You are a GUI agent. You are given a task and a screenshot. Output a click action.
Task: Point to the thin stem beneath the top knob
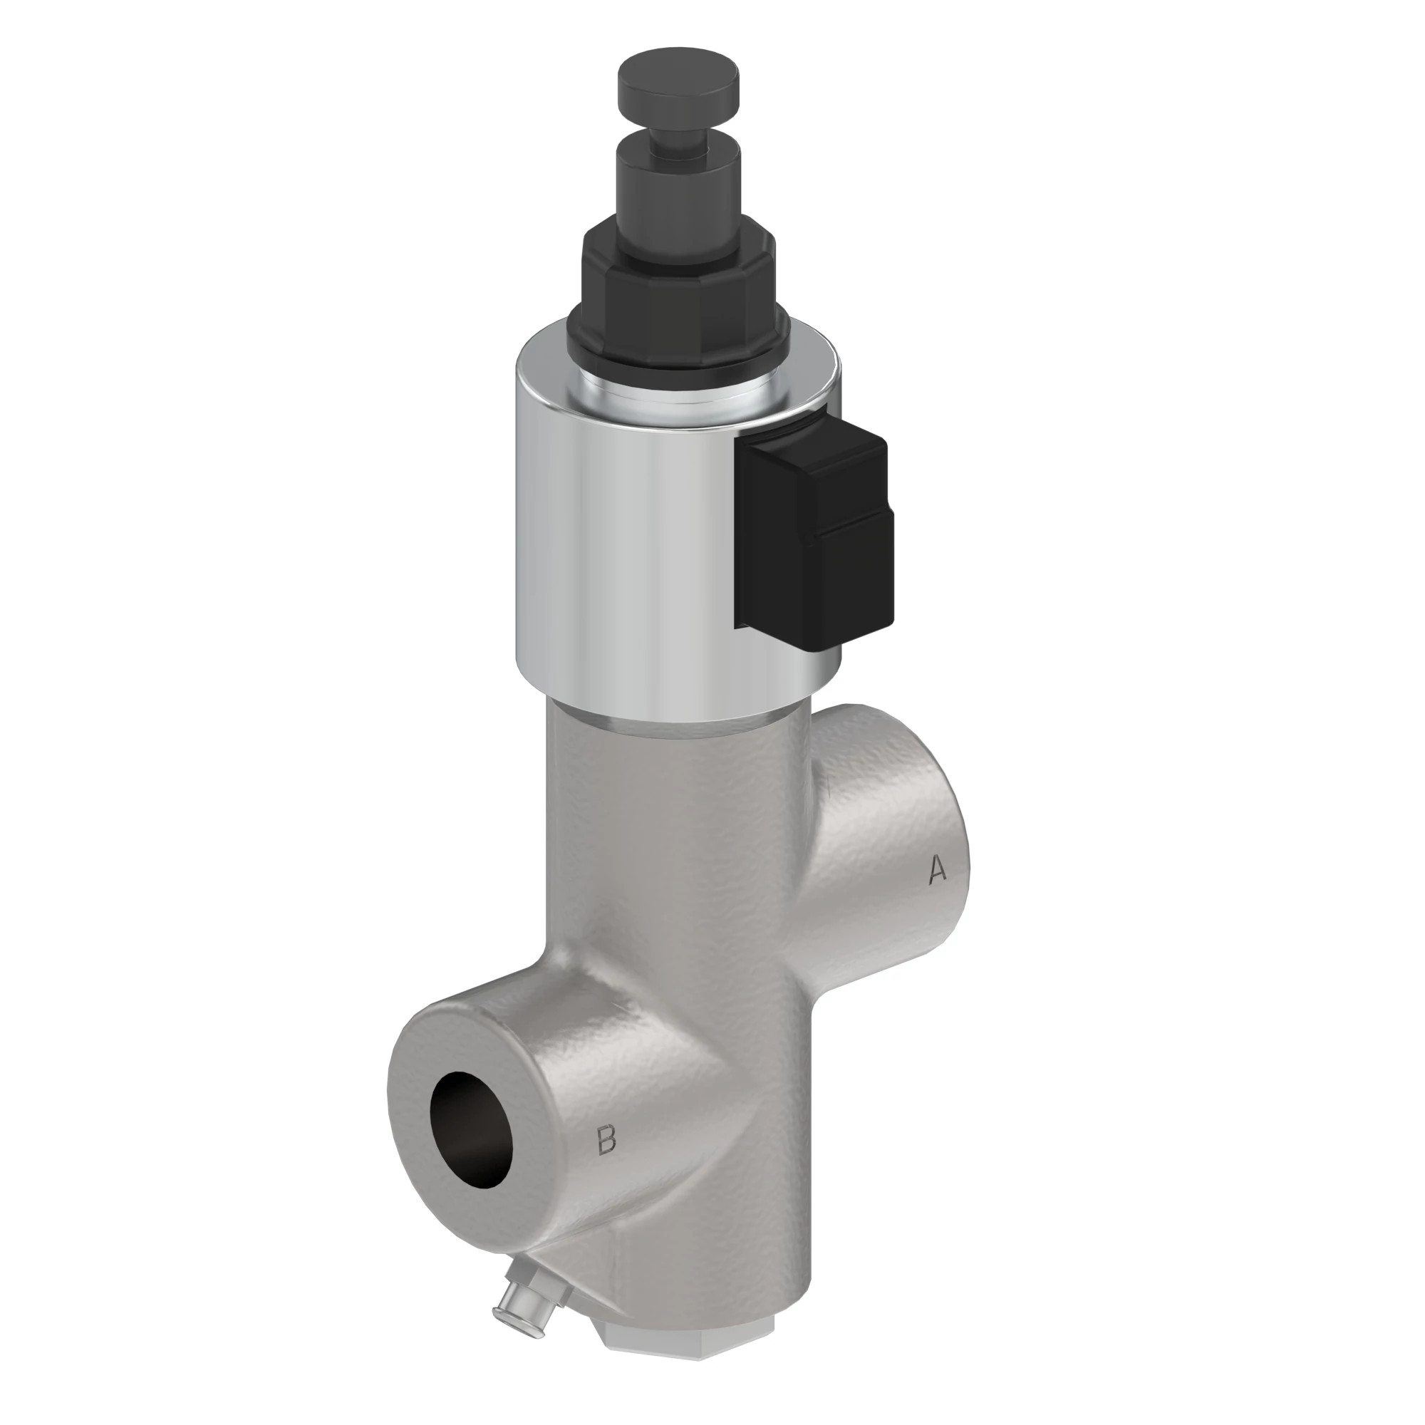tap(676, 133)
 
